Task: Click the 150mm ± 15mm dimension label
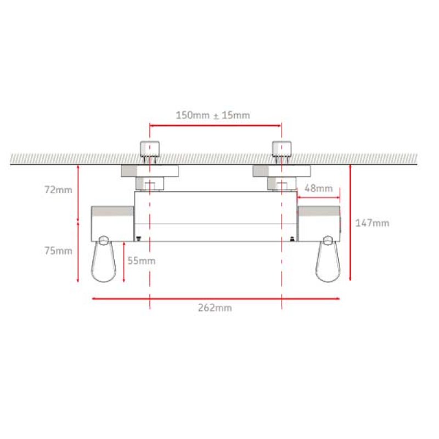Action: click(213, 115)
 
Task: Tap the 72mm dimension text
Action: click(58, 190)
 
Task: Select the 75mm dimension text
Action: click(58, 251)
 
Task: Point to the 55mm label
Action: click(141, 261)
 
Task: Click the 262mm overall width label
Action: click(215, 308)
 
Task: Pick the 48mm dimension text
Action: click(319, 189)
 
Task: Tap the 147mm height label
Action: click(373, 223)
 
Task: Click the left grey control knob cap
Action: click(112, 211)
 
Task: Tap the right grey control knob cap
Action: click(318, 211)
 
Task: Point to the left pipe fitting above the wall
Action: click(150, 149)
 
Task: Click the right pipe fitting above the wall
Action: click(282, 149)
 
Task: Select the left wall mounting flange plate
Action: click(150, 171)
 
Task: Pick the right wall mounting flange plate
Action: click(282, 171)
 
